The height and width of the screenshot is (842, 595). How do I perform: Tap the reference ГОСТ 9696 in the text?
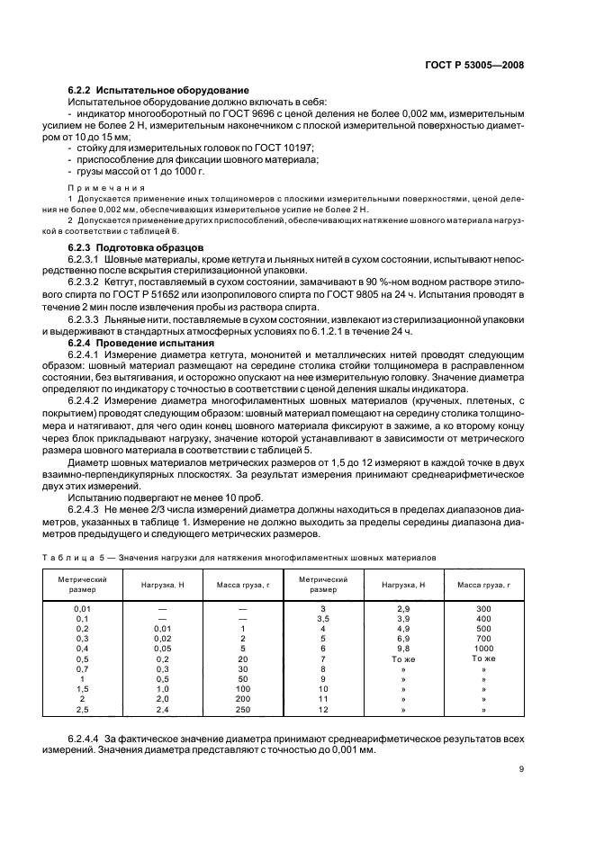256,113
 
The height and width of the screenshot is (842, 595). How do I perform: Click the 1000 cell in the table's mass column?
483,648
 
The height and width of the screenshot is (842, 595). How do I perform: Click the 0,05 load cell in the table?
163,648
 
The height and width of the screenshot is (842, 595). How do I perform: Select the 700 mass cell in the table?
483,638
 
